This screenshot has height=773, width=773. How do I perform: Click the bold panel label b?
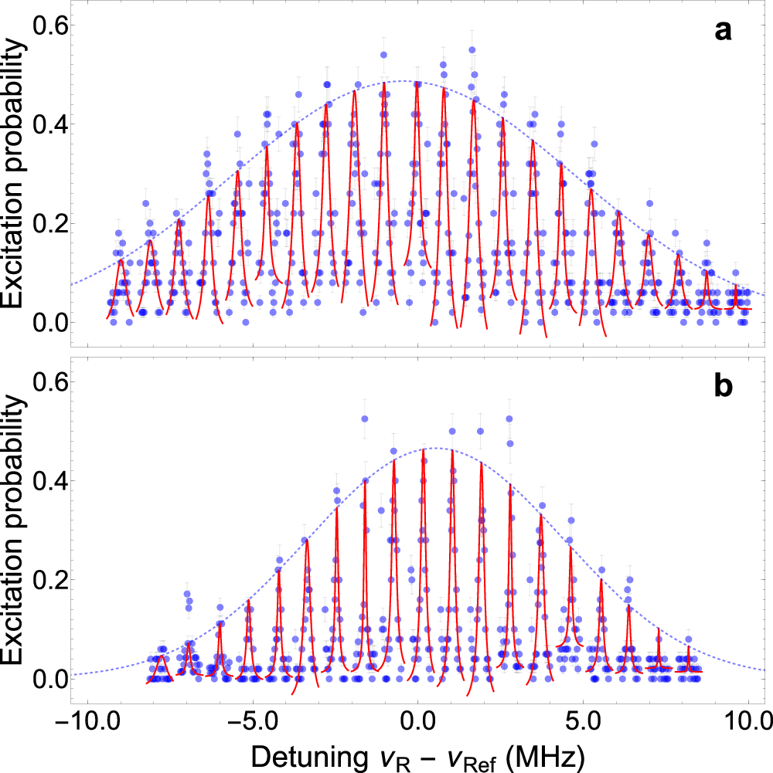[724, 385]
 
